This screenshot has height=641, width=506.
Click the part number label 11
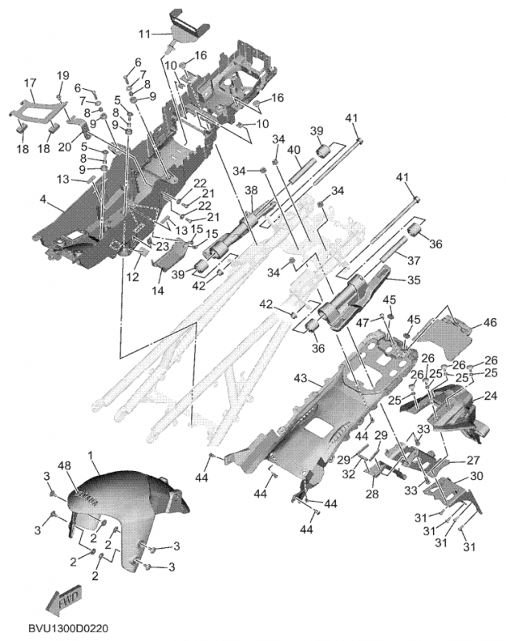[x=144, y=34]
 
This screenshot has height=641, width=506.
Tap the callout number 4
[x=43, y=199]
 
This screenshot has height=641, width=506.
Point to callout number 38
[x=250, y=190]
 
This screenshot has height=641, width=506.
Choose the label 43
[x=302, y=377]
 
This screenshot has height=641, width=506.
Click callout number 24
[x=490, y=396]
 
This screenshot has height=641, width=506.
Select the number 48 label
[x=64, y=466]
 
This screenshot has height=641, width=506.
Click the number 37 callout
[x=415, y=260]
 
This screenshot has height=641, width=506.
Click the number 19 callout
[x=62, y=75]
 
